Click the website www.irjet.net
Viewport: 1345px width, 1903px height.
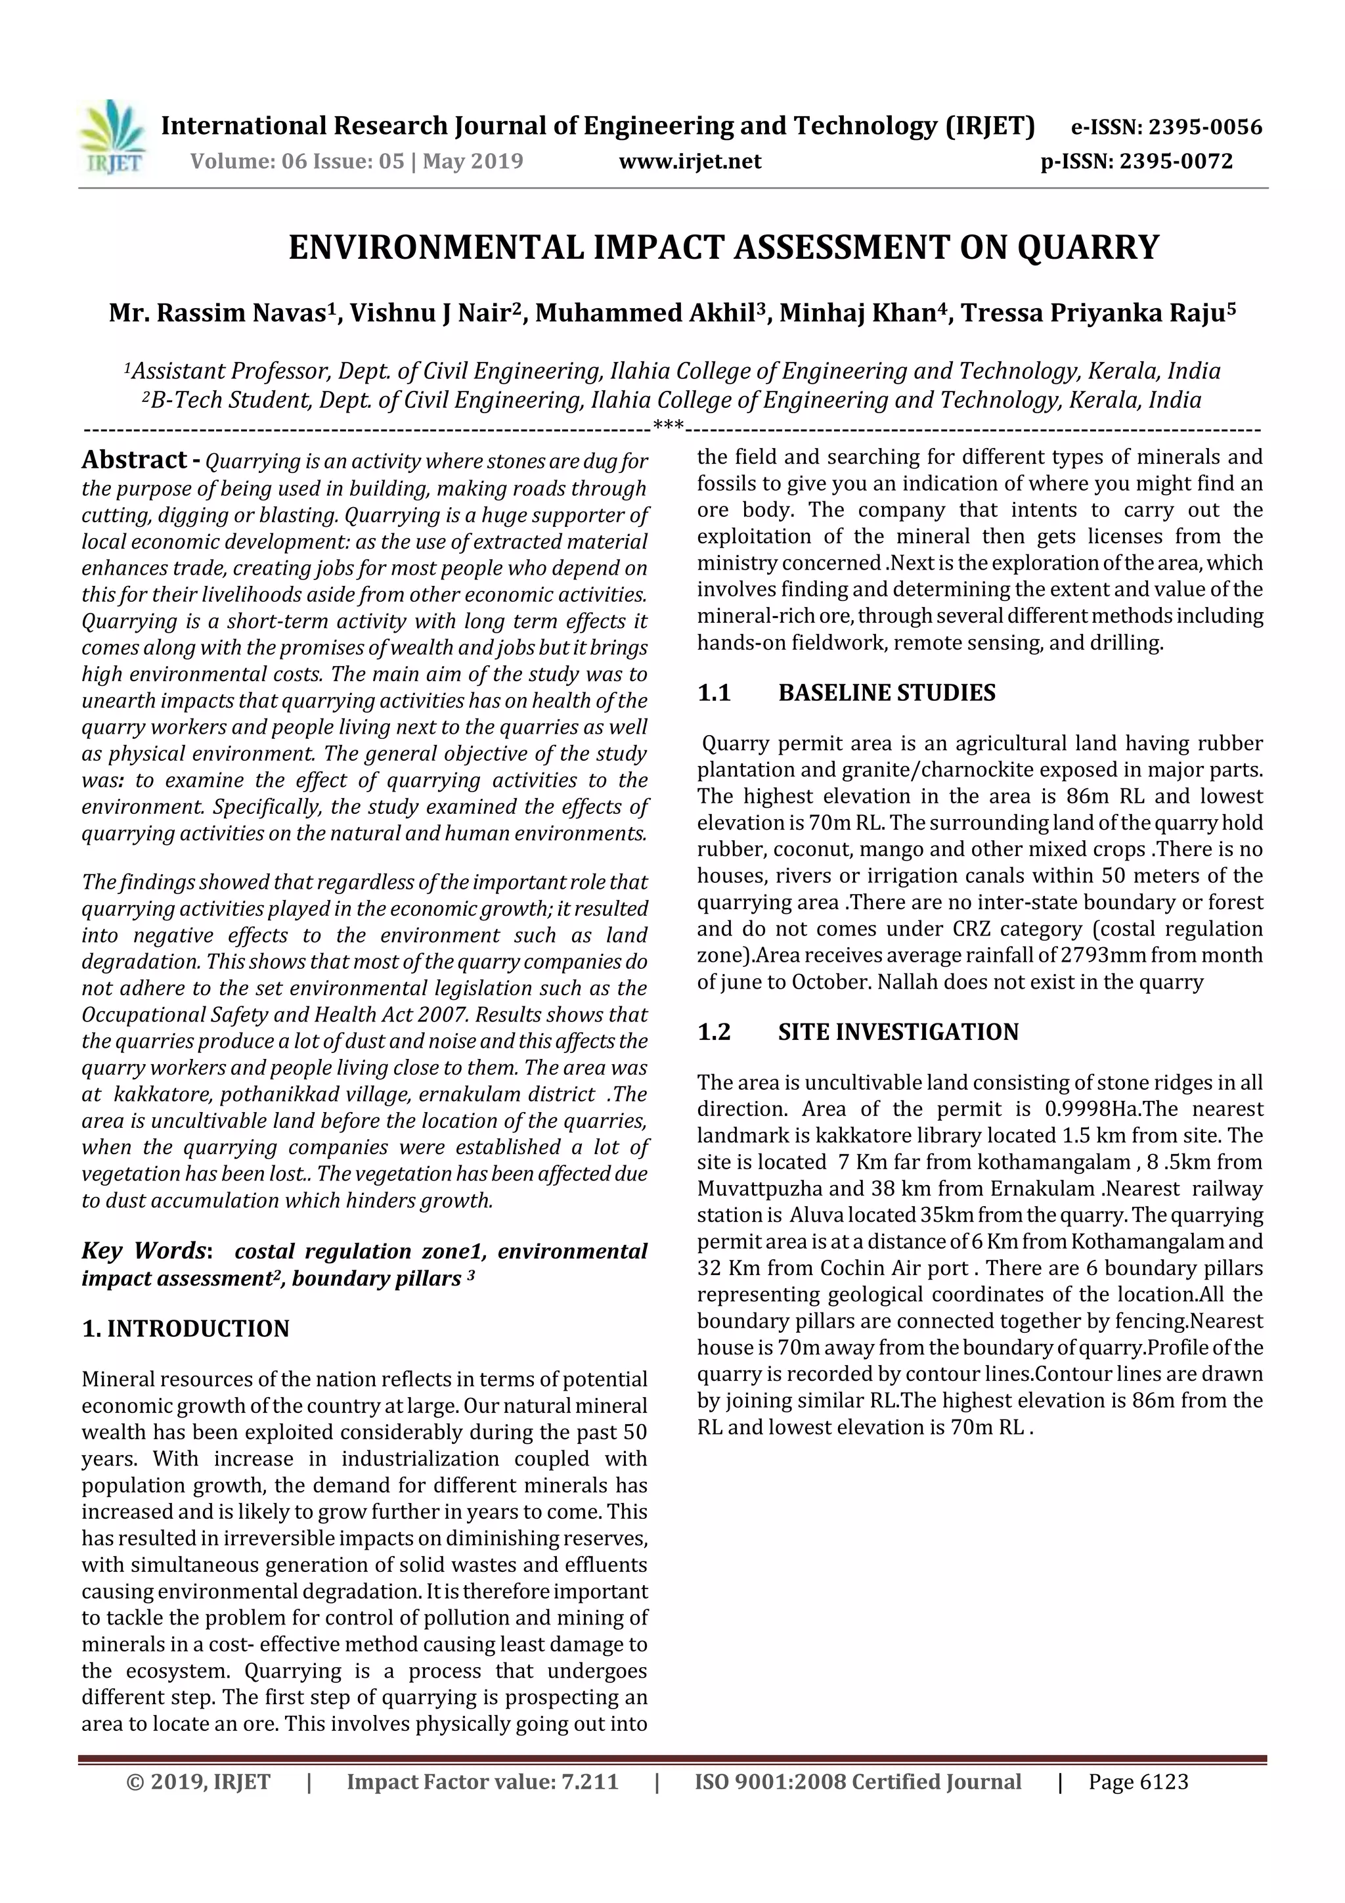pyautogui.click(x=690, y=161)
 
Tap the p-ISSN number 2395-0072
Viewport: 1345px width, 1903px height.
pyautogui.click(x=1176, y=161)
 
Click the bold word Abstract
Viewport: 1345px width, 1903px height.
pyautogui.click(x=134, y=460)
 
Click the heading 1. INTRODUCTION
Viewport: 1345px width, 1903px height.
pyautogui.click(x=186, y=1329)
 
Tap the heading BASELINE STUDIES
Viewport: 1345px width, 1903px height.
pyautogui.click(x=887, y=693)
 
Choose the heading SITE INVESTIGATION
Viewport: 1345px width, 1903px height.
pyautogui.click(x=898, y=1032)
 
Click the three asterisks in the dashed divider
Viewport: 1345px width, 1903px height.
pyautogui.click(x=668, y=427)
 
